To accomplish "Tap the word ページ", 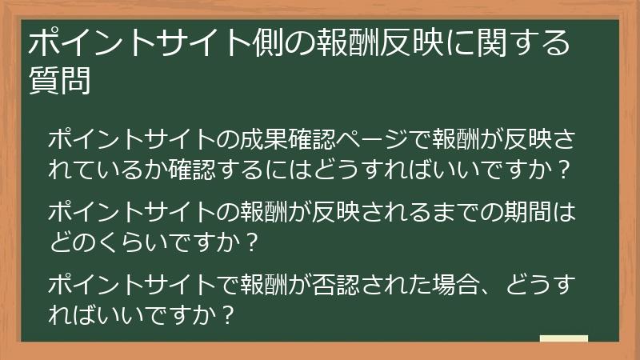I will point(365,139).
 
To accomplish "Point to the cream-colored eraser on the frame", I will point(563,339).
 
